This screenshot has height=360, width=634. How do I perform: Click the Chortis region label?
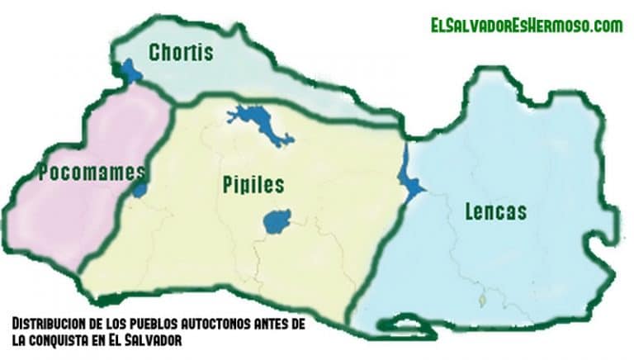(x=180, y=53)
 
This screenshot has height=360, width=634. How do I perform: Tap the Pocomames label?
(x=92, y=173)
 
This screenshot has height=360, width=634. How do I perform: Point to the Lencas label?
(x=494, y=211)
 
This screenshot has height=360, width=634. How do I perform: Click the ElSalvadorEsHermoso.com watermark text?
(x=526, y=26)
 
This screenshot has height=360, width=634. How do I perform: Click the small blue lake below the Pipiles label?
(x=277, y=221)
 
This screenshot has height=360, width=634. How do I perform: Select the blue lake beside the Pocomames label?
(x=140, y=189)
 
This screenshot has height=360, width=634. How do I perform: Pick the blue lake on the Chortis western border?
(x=129, y=71)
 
